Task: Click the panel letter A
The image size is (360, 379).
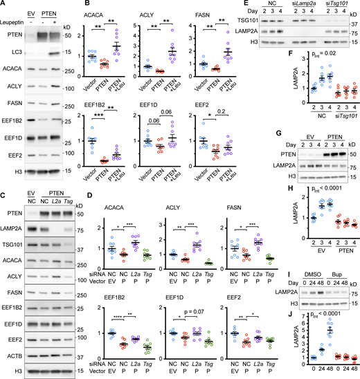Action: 4,6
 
